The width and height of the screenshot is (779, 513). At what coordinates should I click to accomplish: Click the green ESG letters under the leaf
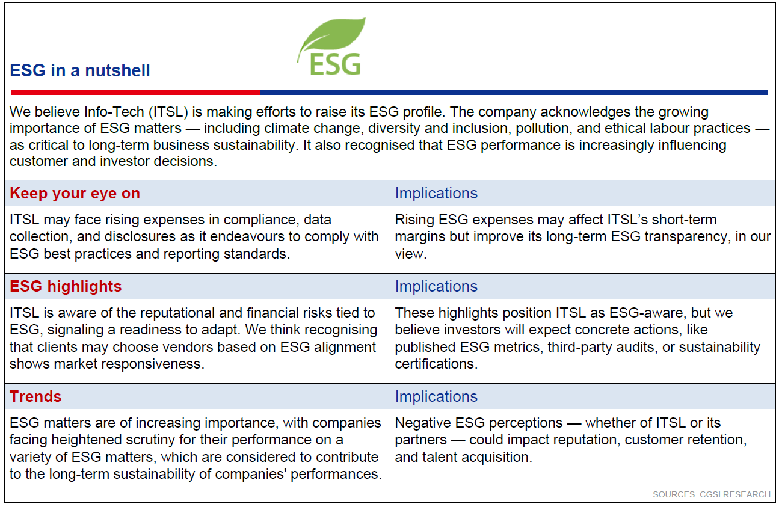[x=335, y=65]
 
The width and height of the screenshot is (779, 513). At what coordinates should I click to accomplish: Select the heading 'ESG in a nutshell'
[x=79, y=70]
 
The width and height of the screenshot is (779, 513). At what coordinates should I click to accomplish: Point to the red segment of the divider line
[x=135, y=92]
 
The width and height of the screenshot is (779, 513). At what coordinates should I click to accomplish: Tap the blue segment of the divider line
[x=514, y=92]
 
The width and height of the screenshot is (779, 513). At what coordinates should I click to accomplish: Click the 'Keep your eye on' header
[x=75, y=194]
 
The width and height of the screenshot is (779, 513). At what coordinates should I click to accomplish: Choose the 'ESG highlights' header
[x=66, y=286]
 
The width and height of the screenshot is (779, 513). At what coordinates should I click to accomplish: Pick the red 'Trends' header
[x=35, y=396]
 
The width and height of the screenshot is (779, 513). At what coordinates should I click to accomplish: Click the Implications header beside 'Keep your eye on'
[x=436, y=194]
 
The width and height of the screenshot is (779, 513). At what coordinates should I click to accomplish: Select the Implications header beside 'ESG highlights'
[x=436, y=287]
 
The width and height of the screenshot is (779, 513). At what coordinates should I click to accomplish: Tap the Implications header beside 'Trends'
[x=436, y=396]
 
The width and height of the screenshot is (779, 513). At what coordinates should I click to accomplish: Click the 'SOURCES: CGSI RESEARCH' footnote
[x=712, y=494]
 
